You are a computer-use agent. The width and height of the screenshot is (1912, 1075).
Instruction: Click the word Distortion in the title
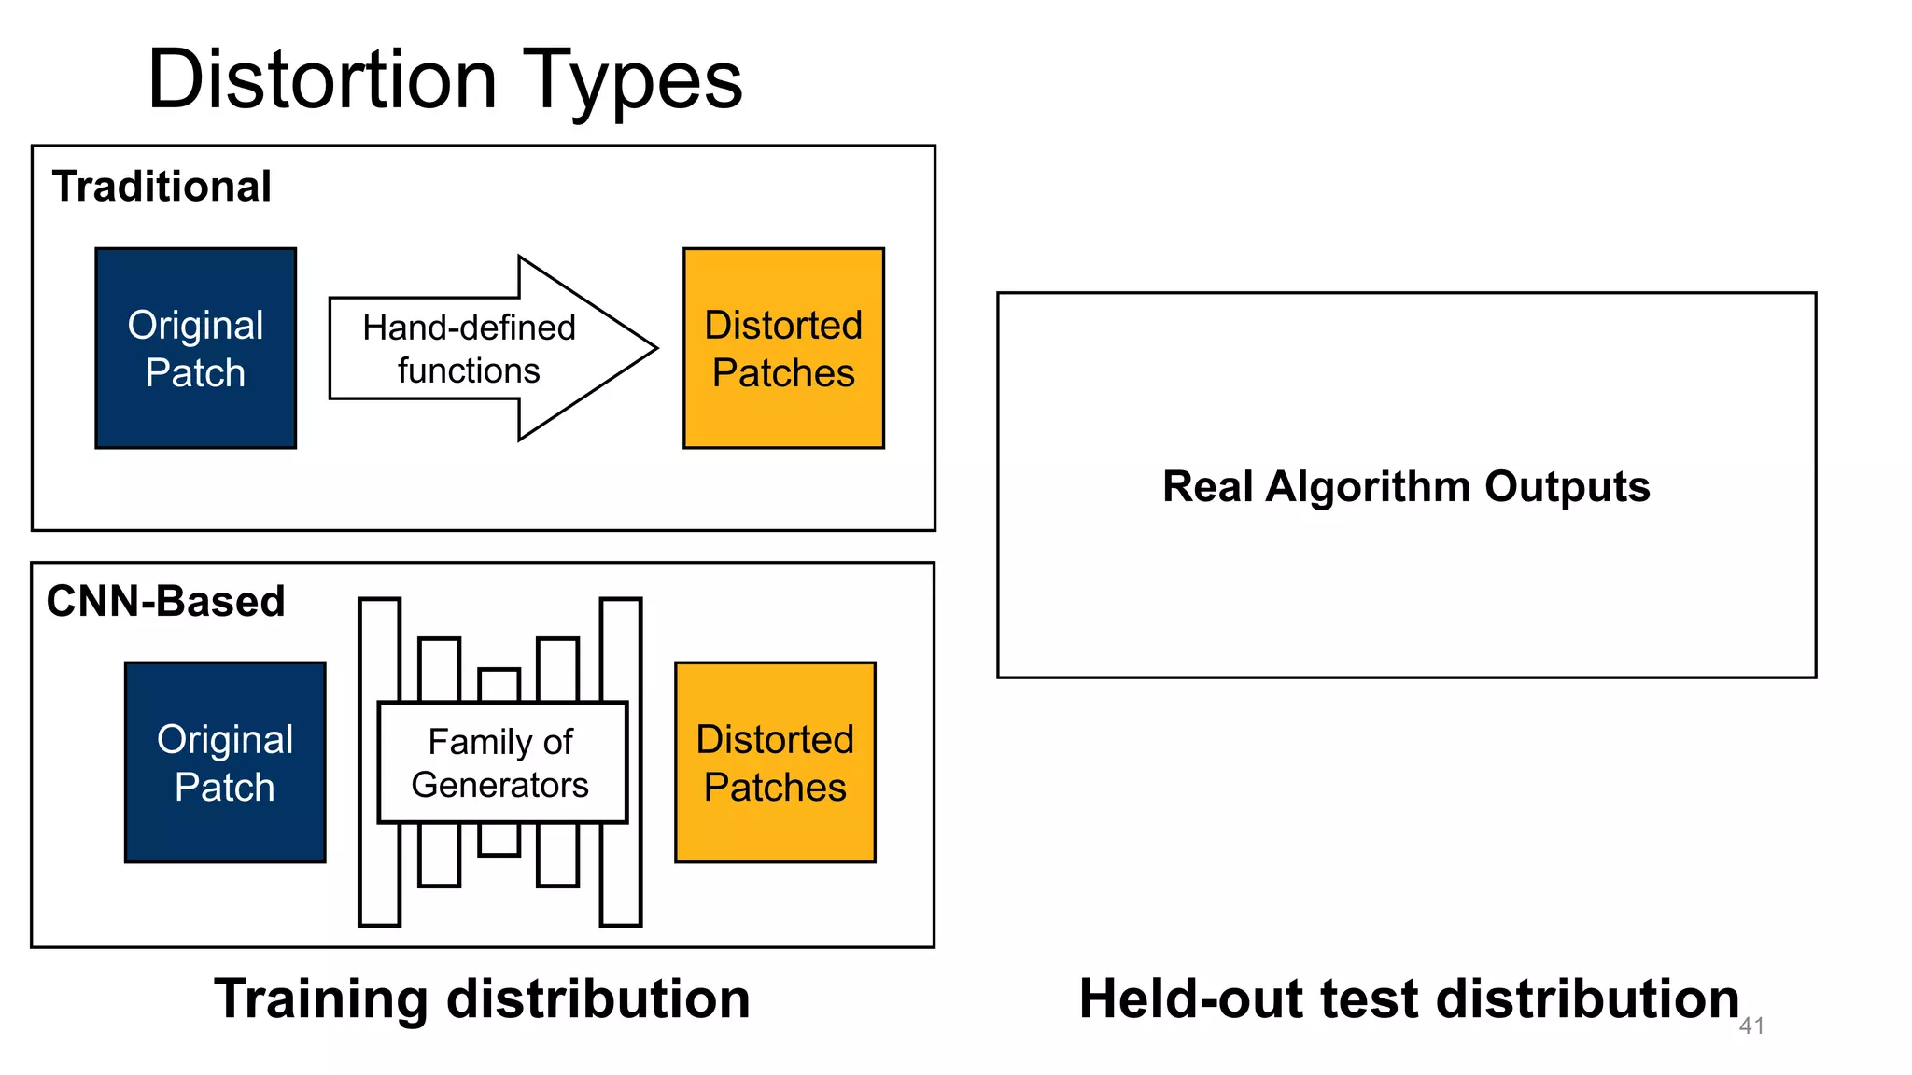322,79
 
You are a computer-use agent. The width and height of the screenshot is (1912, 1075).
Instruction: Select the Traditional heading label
162,187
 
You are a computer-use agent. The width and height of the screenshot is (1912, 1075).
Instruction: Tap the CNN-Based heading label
165,601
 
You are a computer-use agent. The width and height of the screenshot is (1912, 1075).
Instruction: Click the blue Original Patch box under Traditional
195,348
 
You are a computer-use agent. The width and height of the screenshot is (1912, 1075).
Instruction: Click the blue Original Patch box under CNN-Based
225,762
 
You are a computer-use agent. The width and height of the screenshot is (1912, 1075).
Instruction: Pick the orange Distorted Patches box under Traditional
783,348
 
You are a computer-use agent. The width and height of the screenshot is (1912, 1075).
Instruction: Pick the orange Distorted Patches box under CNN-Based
775,762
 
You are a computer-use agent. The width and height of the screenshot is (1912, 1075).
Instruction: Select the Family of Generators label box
502,762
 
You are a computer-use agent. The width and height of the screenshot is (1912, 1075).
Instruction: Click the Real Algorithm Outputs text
1406,486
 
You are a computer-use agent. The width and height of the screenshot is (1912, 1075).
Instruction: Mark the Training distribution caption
482,998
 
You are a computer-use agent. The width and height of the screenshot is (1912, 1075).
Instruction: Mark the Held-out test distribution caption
1408,998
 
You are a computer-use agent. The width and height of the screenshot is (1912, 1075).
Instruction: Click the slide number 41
1751,1026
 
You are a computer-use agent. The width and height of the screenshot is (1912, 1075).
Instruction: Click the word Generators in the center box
499,785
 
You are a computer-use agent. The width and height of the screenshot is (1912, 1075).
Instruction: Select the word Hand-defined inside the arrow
469,328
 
